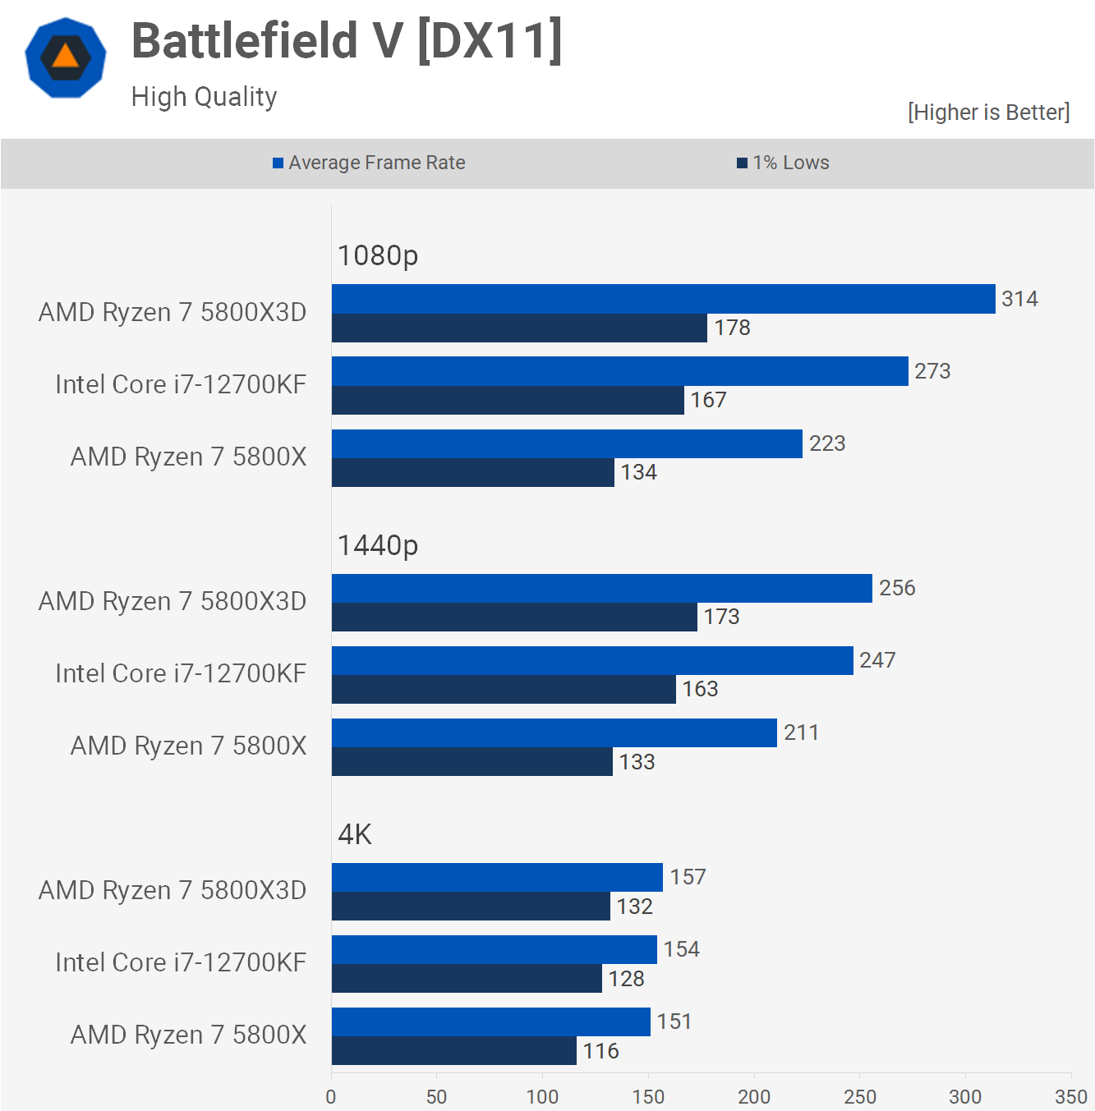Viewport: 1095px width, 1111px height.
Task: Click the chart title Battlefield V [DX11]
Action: (x=347, y=41)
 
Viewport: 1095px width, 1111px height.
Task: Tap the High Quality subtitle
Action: (x=204, y=97)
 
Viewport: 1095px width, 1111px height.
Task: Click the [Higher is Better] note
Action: (x=988, y=112)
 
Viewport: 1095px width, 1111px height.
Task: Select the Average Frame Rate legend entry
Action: (x=370, y=163)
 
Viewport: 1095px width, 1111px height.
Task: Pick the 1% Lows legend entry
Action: (x=784, y=163)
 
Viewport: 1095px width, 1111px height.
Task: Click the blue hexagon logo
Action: (x=66, y=57)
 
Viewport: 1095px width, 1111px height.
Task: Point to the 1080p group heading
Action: (x=378, y=255)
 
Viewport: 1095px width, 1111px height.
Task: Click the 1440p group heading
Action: (x=378, y=545)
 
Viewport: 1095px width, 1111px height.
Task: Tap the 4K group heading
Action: (x=355, y=834)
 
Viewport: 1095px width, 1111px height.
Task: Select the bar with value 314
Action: (x=663, y=299)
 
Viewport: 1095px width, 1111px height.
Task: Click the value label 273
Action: (x=932, y=371)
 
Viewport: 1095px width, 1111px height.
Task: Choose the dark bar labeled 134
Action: (x=472, y=472)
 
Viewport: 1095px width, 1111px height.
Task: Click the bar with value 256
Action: (x=601, y=588)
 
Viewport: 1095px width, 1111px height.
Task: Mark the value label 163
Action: (x=700, y=689)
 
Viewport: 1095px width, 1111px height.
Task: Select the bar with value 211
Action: (x=554, y=732)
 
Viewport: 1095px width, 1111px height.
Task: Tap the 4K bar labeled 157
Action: (x=497, y=877)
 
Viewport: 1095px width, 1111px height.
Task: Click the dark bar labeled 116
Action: (x=453, y=1050)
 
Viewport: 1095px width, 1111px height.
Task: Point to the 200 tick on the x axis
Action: (x=754, y=1096)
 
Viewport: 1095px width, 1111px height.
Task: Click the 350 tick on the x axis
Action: (x=1070, y=1096)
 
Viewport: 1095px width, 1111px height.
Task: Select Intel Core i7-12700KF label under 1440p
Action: (x=181, y=673)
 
